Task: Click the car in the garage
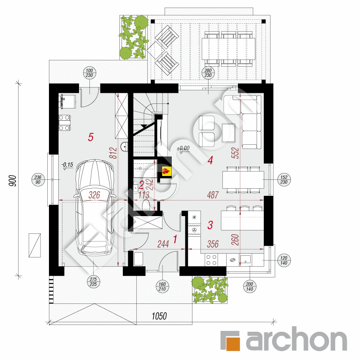click(x=95, y=207)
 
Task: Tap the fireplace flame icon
click(x=166, y=171)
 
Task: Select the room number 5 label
click(x=91, y=137)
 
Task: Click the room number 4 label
click(x=210, y=160)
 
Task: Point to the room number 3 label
click(x=210, y=225)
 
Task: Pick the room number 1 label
click(x=175, y=239)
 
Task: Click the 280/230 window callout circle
click(x=208, y=73)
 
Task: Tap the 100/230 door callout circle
click(x=89, y=73)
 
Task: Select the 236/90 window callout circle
click(x=38, y=179)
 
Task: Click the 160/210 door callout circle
click(x=162, y=287)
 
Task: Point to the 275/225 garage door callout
click(x=93, y=282)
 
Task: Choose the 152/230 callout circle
click(x=284, y=179)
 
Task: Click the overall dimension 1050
click(x=159, y=316)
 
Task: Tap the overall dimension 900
click(x=13, y=181)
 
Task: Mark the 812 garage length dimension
click(x=114, y=153)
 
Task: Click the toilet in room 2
click(x=146, y=205)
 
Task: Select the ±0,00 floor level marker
click(x=183, y=149)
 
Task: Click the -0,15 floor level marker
click(x=67, y=166)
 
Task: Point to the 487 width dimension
click(x=213, y=195)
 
